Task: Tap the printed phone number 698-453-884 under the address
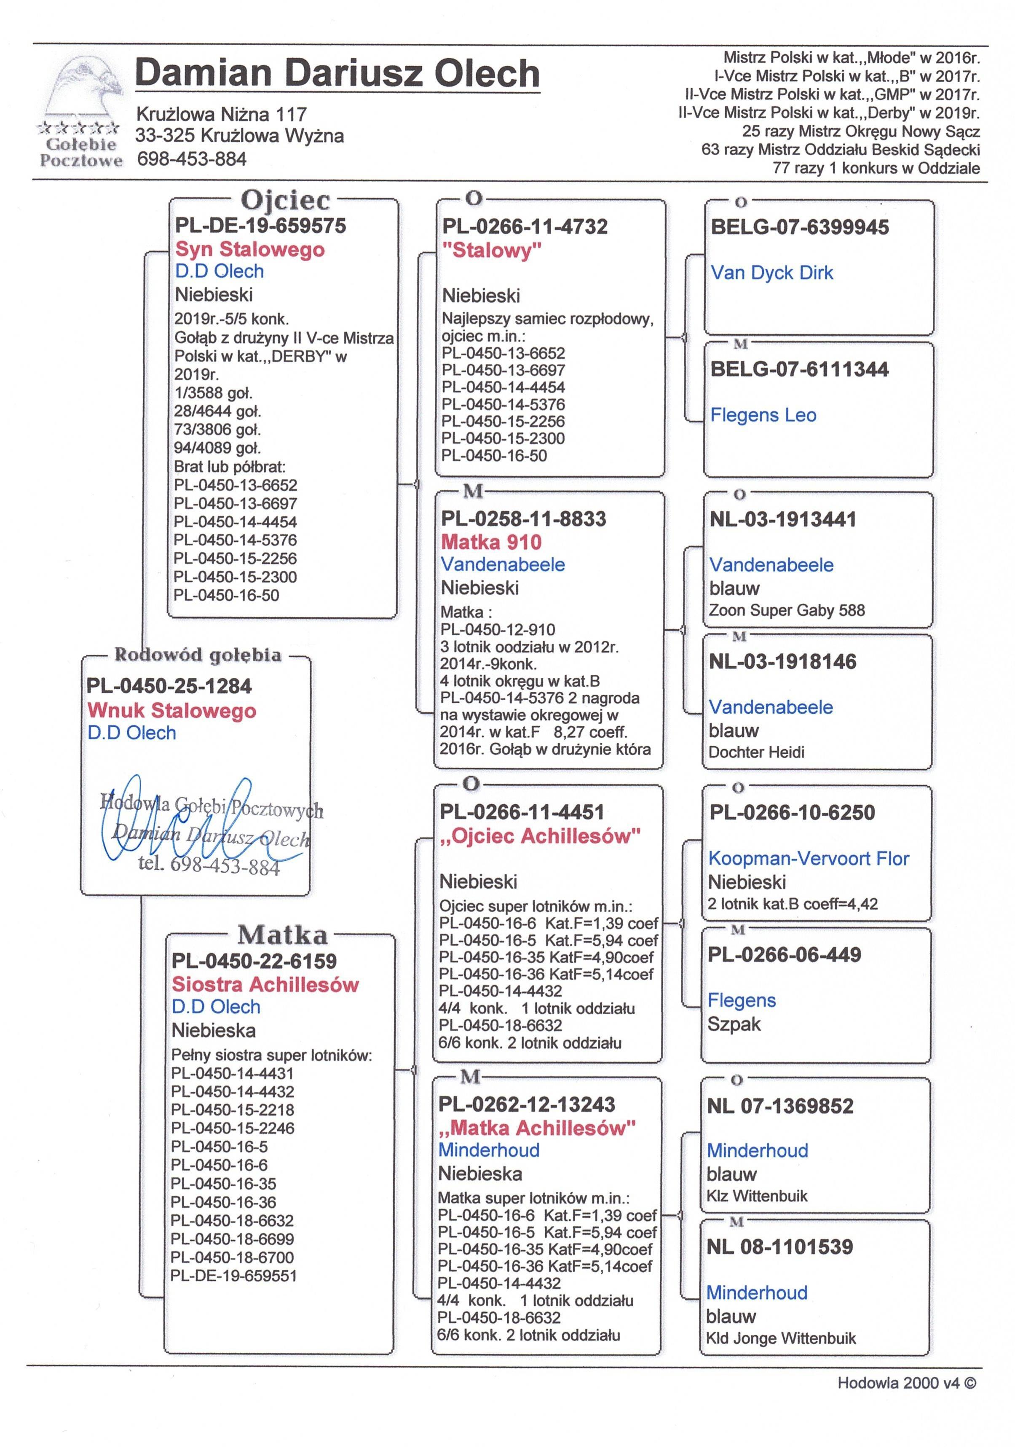[x=192, y=159]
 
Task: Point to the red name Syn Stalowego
[x=250, y=249]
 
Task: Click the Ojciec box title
[x=285, y=201]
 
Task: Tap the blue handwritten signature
[x=189, y=820]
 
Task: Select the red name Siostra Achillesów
[x=265, y=984]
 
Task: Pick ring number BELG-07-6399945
[x=799, y=227]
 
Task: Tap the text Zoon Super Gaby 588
[x=786, y=610]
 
